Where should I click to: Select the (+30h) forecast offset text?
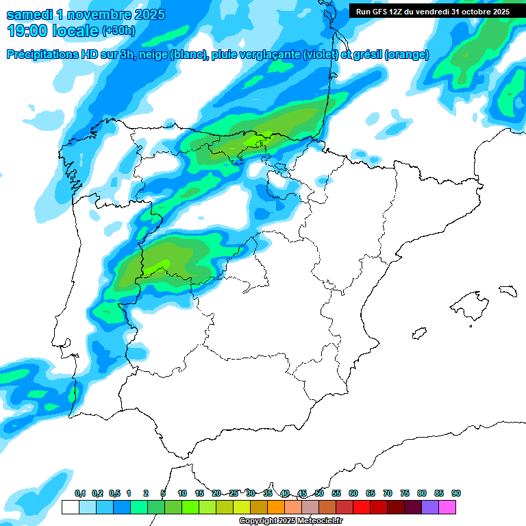point(118,31)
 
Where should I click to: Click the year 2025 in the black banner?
point(497,12)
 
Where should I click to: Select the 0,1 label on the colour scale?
point(79,494)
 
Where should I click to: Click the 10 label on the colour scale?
point(182,494)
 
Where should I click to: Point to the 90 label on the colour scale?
point(456,494)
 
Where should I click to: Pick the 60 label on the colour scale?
point(353,494)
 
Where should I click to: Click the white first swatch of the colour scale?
point(70,507)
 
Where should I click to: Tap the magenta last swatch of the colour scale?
point(447,507)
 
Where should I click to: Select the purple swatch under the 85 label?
point(430,507)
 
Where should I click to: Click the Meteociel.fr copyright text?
point(291,521)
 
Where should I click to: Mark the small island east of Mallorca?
point(508,290)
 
